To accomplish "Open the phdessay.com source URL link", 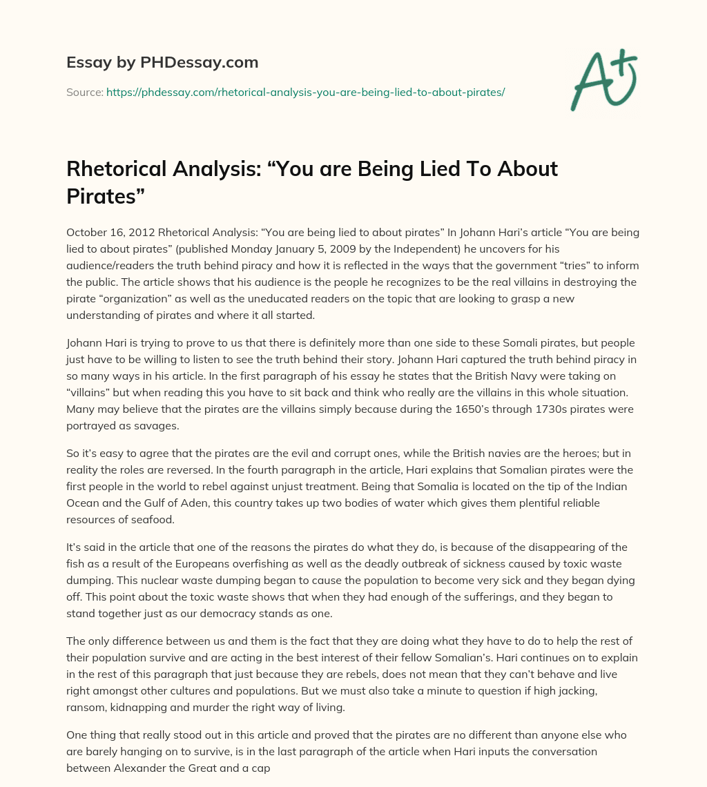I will (x=306, y=92).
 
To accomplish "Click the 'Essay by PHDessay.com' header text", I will (x=162, y=63).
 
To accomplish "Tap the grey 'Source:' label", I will (x=85, y=92).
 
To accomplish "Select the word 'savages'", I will (x=158, y=426).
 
